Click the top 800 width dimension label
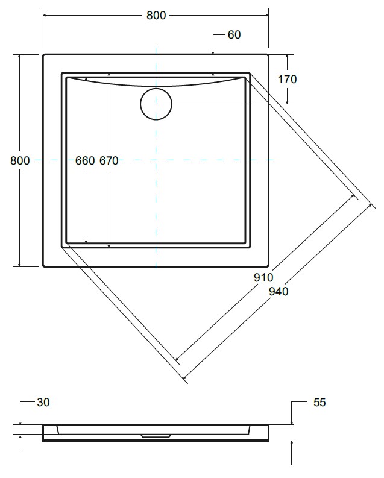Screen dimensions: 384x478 tap(156, 15)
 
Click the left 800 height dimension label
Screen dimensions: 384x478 tap(20, 160)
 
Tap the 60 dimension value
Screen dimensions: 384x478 tap(234, 35)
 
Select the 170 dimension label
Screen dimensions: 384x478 tap(287, 79)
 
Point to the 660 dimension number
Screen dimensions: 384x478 tap(85, 160)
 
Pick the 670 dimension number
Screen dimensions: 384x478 tap(109, 160)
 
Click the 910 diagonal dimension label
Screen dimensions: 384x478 tap(263, 277)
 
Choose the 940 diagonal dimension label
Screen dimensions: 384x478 tap(279, 291)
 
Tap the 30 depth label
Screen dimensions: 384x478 tap(43, 403)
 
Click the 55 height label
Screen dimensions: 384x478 tap(319, 403)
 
